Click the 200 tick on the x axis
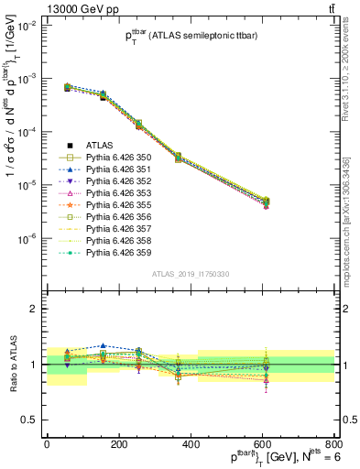118,445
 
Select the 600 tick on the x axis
262,445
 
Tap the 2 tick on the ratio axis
35,309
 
